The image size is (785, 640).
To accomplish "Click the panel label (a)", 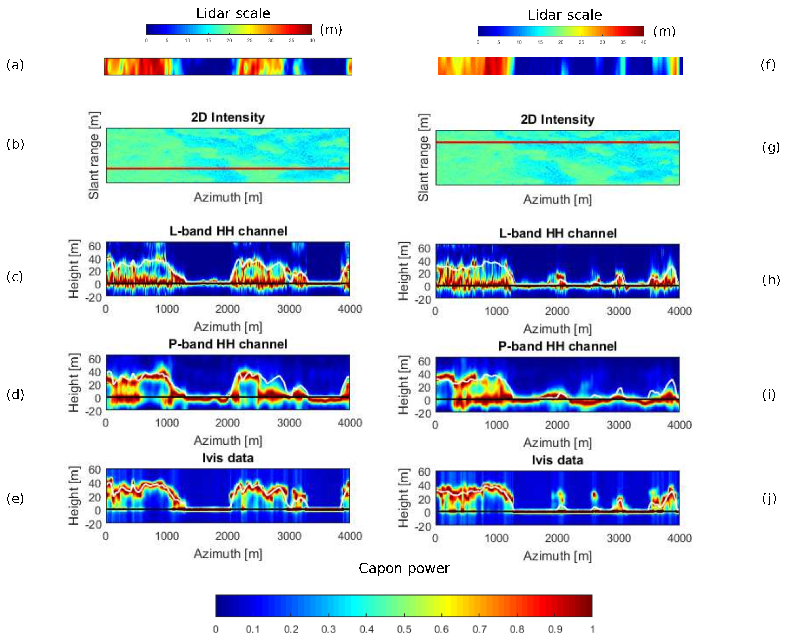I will point(15,65).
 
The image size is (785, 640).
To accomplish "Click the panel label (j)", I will point(769,499).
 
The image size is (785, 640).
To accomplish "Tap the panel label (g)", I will point(771,147).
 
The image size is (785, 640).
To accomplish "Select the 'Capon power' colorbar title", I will point(404,568).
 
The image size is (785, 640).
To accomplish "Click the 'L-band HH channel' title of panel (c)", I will point(228,231).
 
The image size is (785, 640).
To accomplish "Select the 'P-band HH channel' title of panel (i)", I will point(557,346).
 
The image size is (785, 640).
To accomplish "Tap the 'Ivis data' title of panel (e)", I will point(228,458).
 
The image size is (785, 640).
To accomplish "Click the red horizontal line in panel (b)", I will point(228,168).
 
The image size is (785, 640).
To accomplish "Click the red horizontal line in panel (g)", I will point(557,142).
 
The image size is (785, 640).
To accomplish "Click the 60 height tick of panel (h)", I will point(424,248).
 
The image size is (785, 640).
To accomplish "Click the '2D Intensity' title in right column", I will point(557,119).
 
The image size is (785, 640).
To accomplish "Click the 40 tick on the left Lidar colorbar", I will point(312,40).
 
